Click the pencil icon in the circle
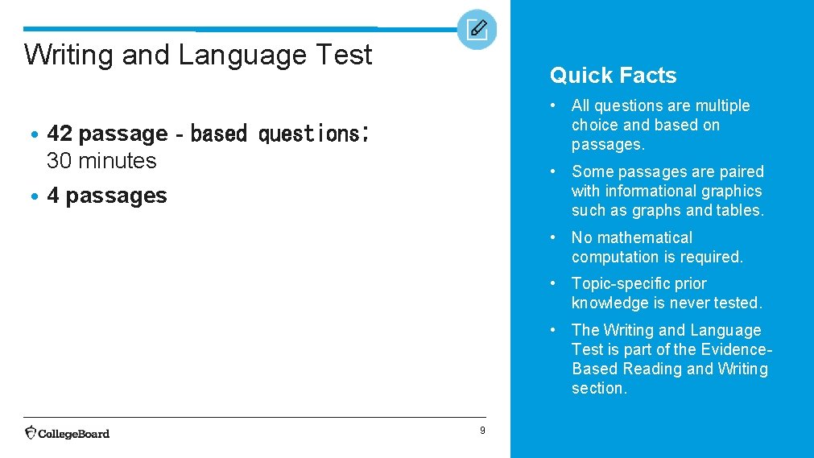477,30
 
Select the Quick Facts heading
613,76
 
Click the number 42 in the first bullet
60,134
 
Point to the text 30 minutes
101,161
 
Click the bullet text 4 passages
107,196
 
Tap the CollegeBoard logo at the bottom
68,433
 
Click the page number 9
482,431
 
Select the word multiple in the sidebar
721,106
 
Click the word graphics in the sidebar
730,191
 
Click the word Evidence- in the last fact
737,349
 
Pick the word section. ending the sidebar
599,388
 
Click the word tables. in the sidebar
742,210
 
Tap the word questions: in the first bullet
313,134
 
